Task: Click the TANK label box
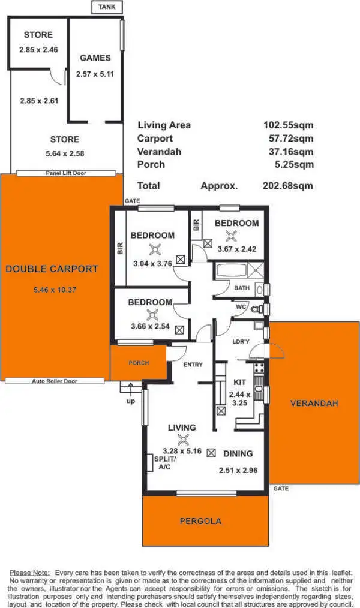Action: point(107,7)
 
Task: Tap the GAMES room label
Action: point(95,58)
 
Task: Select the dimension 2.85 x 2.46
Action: point(38,50)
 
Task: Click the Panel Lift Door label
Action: point(66,173)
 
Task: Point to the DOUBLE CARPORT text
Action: point(52,269)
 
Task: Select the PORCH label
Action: point(139,363)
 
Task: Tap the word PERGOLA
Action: point(200,521)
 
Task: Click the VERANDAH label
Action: point(314,403)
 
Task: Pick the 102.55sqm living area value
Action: point(288,125)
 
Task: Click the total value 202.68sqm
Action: point(288,186)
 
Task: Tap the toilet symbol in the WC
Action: point(257,309)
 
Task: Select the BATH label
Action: point(242,288)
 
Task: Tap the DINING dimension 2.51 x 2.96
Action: point(238,471)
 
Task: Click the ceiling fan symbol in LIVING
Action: point(181,439)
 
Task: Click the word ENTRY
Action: point(193,365)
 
